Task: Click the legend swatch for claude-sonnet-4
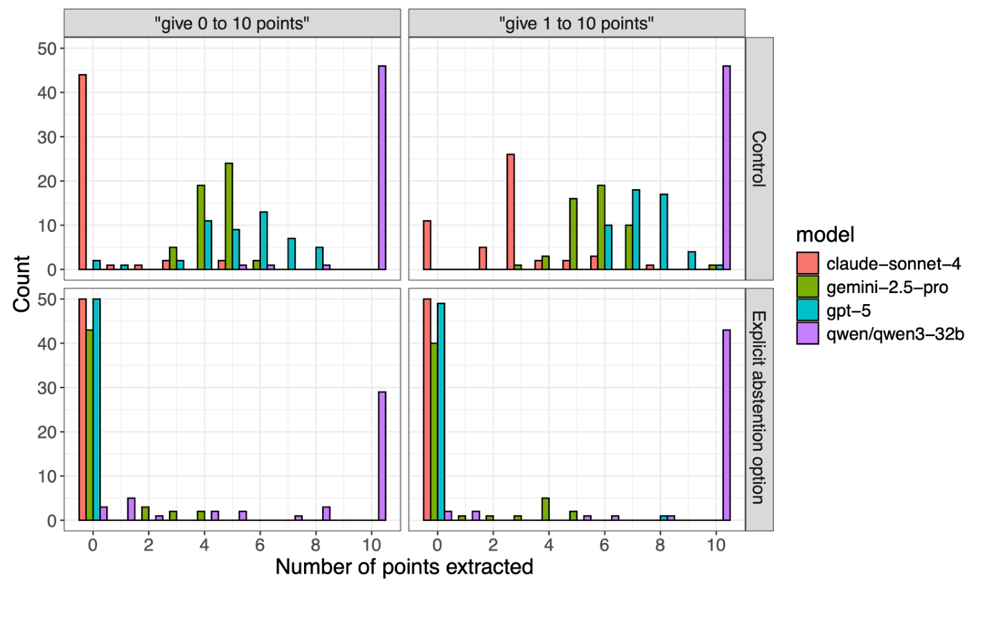pyautogui.click(x=807, y=264)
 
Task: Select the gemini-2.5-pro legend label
pyautogui.click(x=887, y=287)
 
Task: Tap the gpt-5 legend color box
pyautogui.click(x=807, y=310)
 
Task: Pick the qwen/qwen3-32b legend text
pyautogui.click(x=894, y=334)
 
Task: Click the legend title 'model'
pyautogui.click(x=825, y=235)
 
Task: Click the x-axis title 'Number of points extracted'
pyautogui.click(x=404, y=567)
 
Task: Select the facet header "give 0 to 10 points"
pyautogui.click(x=232, y=24)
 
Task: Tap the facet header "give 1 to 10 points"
pyautogui.click(x=576, y=24)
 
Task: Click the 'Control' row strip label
pyautogui.click(x=759, y=159)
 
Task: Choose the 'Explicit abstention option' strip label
pyautogui.click(x=759, y=408)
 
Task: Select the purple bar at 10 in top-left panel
pyautogui.click(x=382, y=168)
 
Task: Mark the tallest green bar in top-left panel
pyautogui.click(x=229, y=216)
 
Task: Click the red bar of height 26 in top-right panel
pyautogui.click(x=511, y=212)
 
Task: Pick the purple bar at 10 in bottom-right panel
pyautogui.click(x=727, y=425)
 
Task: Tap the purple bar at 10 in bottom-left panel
pyautogui.click(x=382, y=456)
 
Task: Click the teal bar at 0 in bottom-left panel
pyautogui.click(x=96, y=409)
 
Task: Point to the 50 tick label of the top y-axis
pyautogui.click(x=47, y=48)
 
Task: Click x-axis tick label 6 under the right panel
pyautogui.click(x=604, y=545)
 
